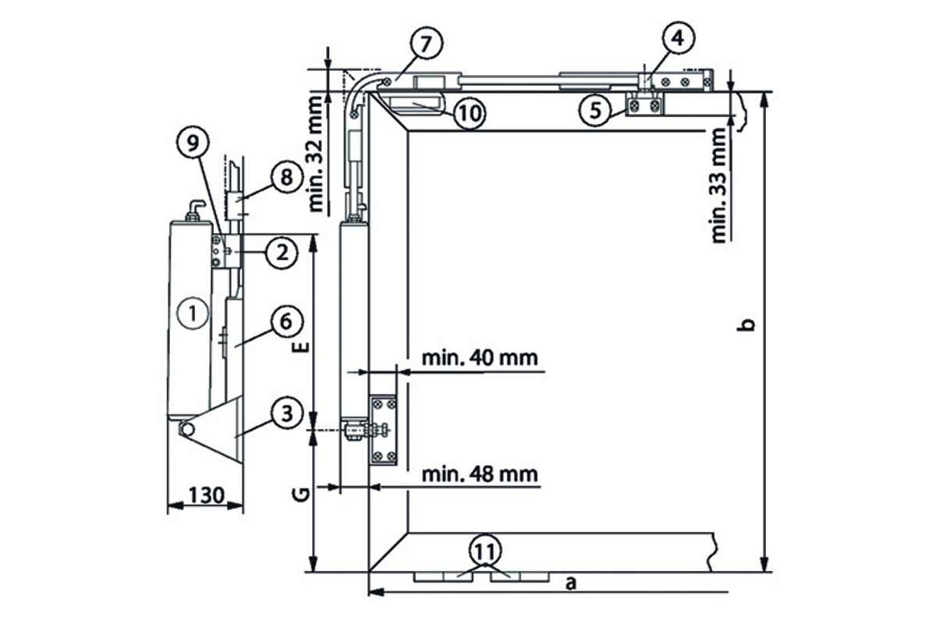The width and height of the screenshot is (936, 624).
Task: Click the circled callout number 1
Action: [x=189, y=314]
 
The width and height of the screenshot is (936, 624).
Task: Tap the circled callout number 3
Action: [x=286, y=413]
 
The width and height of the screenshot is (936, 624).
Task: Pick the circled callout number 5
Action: [x=597, y=110]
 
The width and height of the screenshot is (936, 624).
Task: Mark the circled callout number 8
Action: [x=286, y=177]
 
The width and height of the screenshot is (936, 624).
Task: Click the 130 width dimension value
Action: [x=205, y=494]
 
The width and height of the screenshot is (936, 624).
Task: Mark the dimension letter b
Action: [x=746, y=324]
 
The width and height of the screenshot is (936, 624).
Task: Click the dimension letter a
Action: [x=570, y=582]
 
